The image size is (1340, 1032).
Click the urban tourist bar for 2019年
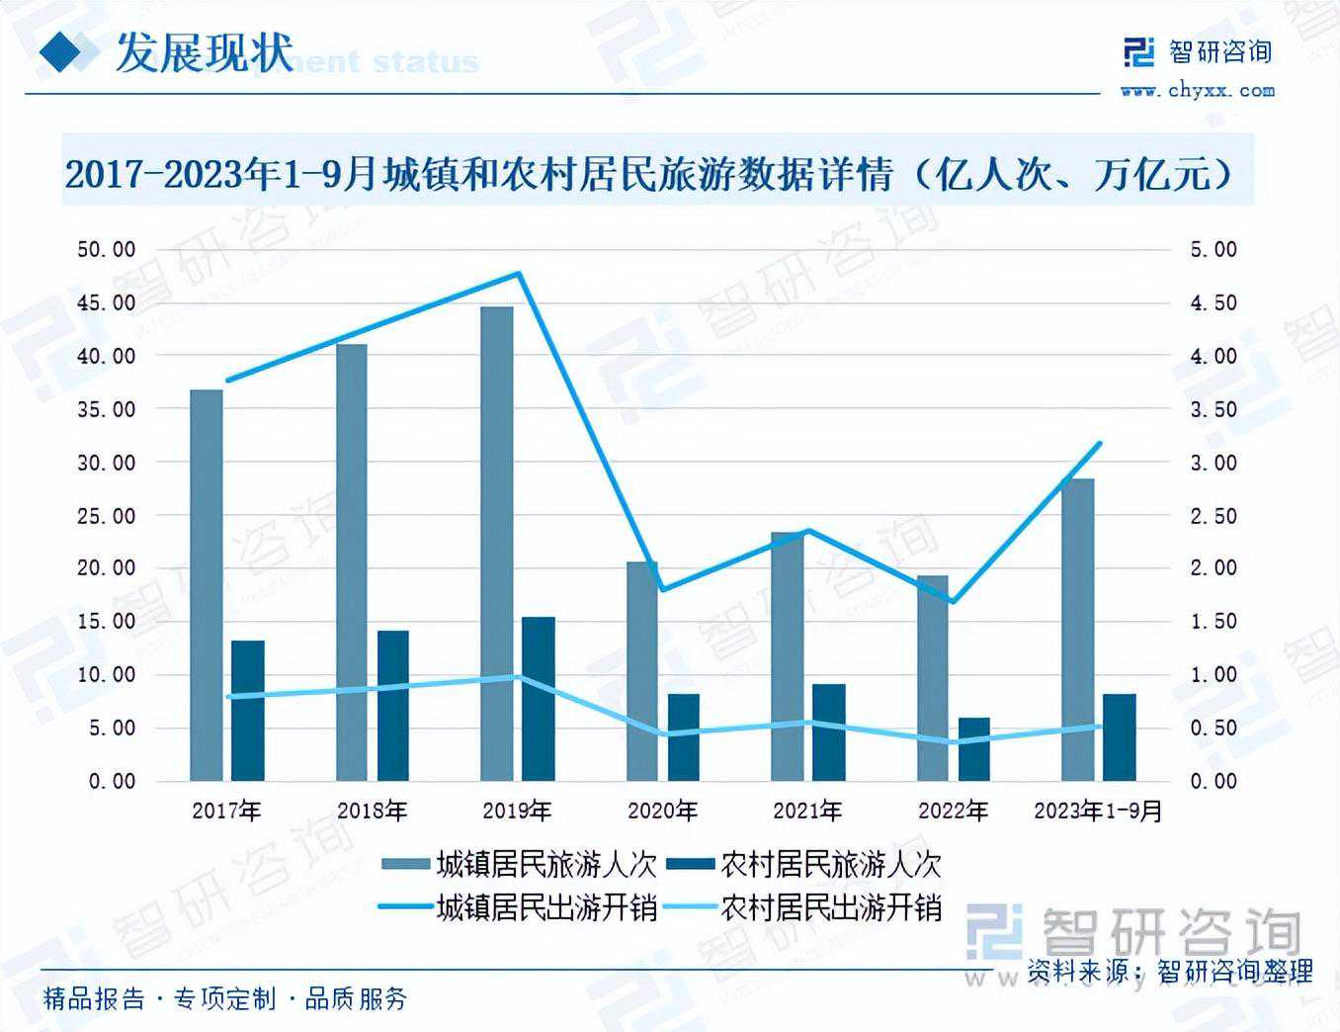click(x=496, y=544)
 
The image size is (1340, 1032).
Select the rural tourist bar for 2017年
click(x=247, y=711)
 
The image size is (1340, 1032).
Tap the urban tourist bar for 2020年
click(x=641, y=671)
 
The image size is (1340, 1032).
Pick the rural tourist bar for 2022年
click(x=973, y=749)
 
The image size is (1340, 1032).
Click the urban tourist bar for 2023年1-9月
click(x=1077, y=630)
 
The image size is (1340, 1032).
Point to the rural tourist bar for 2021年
click(x=829, y=732)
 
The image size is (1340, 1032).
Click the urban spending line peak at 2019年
click(x=520, y=273)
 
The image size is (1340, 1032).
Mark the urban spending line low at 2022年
click(x=953, y=602)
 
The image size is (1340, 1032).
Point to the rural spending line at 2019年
click(x=520, y=677)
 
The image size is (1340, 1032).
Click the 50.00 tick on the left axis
click(x=107, y=249)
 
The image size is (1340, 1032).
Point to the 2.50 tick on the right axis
click(x=1213, y=516)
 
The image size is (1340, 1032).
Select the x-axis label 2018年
click(x=372, y=812)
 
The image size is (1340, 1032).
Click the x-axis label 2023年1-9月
click(x=1098, y=812)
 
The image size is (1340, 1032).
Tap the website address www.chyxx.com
click(x=1197, y=91)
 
